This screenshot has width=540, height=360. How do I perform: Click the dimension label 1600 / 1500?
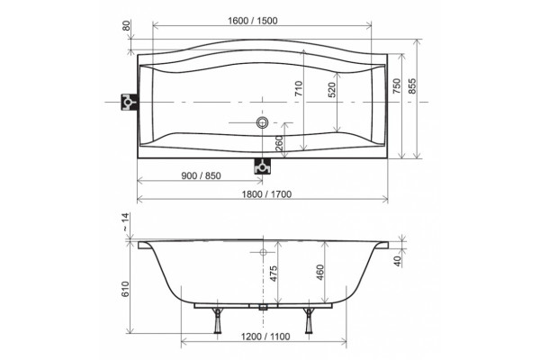coord(252,21)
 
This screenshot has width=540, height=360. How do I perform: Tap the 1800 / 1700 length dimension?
coord(266,194)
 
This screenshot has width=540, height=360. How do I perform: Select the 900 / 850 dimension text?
coord(201,175)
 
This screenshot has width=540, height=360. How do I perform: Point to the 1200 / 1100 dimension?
coord(265,337)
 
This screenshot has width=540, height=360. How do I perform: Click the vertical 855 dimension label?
coord(412,86)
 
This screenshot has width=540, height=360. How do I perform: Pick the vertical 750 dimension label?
coord(397,86)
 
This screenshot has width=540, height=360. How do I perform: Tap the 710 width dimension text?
coord(298,88)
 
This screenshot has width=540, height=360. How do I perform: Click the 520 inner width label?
coord(331,90)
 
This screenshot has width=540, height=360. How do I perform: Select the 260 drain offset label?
coord(279,143)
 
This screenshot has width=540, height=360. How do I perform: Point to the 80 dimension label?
coord(127,26)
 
